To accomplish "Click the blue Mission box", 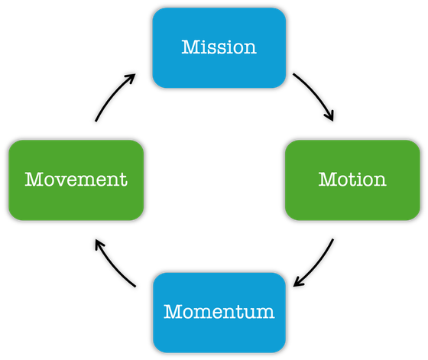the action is (x=219, y=47).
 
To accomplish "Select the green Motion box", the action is (x=352, y=180).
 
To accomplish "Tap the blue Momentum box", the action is (x=219, y=313).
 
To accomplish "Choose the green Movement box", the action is (x=76, y=180).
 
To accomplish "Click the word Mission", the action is (x=219, y=47).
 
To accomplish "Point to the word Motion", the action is (x=352, y=180).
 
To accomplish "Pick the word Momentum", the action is (x=219, y=311).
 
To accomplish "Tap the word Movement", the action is (x=76, y=180).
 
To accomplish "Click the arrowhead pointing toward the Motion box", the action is (x=329, y=116).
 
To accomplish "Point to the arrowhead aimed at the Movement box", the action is (x=99, y=245).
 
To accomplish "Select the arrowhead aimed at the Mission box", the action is (x=131, y=78).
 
